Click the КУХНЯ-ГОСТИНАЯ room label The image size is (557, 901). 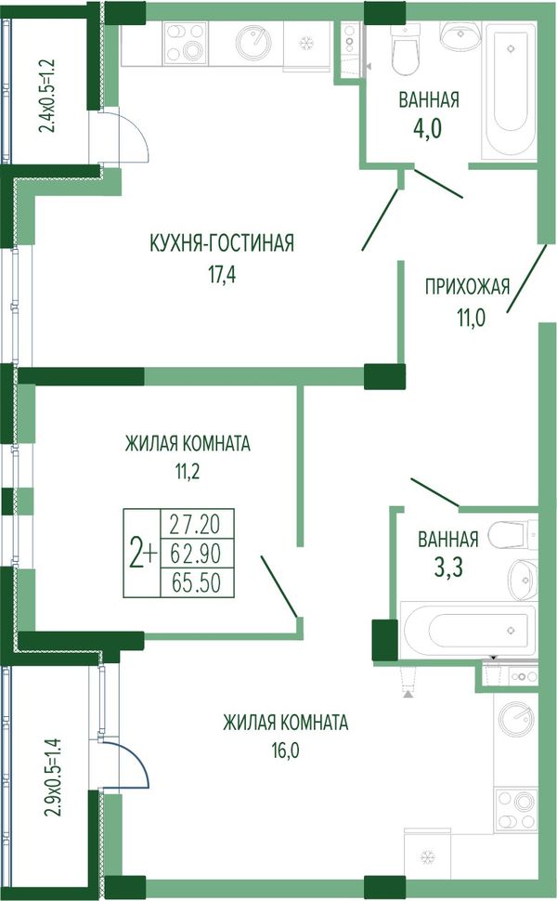point(222,243)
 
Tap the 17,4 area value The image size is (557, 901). point(222,275)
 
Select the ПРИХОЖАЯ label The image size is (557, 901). point(468,285)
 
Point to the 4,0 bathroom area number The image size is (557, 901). point(428,128)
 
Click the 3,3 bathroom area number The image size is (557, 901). point(448,568)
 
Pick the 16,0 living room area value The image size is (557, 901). point(286,750)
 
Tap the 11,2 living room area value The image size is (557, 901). point(188,472)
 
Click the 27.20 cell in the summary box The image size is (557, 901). point(196,524)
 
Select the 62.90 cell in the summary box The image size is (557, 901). point(196,554)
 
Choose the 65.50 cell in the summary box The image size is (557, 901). point(196,582)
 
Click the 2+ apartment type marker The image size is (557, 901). point(142,554)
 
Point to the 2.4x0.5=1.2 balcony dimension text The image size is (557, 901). point(48,96)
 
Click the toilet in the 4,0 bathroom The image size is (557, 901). point(405,49)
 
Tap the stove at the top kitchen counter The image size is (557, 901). point(185,43)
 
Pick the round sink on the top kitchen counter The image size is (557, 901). point(253,42)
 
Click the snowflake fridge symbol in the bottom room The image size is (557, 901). point(427,858)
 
